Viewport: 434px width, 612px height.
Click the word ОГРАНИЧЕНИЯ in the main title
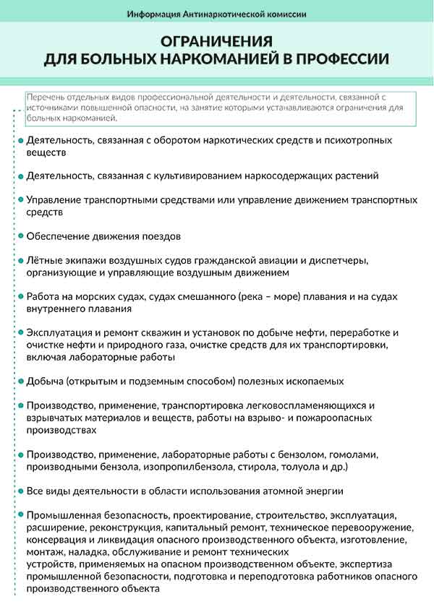click(x=217, y=41)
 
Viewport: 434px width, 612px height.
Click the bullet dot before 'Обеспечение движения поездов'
click(x=20, y=236)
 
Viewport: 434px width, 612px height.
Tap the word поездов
click(x=160, y=236)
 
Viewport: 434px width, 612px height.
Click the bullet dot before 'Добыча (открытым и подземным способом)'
click(x=20, y=381)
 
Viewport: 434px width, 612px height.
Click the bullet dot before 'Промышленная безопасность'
click(x=20, y=515)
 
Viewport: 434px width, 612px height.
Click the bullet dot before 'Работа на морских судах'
click(x=20, y=297)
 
